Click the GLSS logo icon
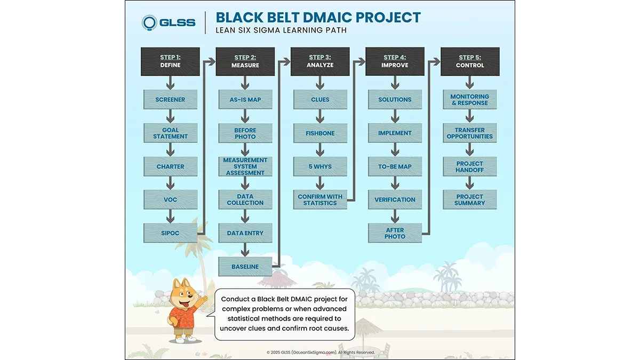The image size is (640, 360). tap(149, 22)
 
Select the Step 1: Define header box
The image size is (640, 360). tap(170, 61)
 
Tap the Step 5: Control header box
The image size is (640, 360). tap(470, 61)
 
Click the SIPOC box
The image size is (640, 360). tap(170, 233)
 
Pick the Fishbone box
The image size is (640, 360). tap(320, 133)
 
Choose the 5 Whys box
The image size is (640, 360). tap(320, 166)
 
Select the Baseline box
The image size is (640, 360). tap(245, 267)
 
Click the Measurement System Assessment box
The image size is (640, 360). tap(245, 166)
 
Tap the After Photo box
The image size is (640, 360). tap(395, 233)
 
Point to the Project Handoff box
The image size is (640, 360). tap(470, 166)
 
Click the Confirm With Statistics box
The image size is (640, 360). tap(320, 199)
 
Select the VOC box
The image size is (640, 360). tap(170, 199)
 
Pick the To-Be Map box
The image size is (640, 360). tap(395, 166)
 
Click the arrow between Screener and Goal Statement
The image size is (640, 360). tap(170, 116)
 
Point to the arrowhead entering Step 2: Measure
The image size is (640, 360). tap(211, 61)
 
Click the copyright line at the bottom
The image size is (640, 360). tap(321, 353)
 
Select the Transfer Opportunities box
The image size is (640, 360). tap(470, 133)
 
